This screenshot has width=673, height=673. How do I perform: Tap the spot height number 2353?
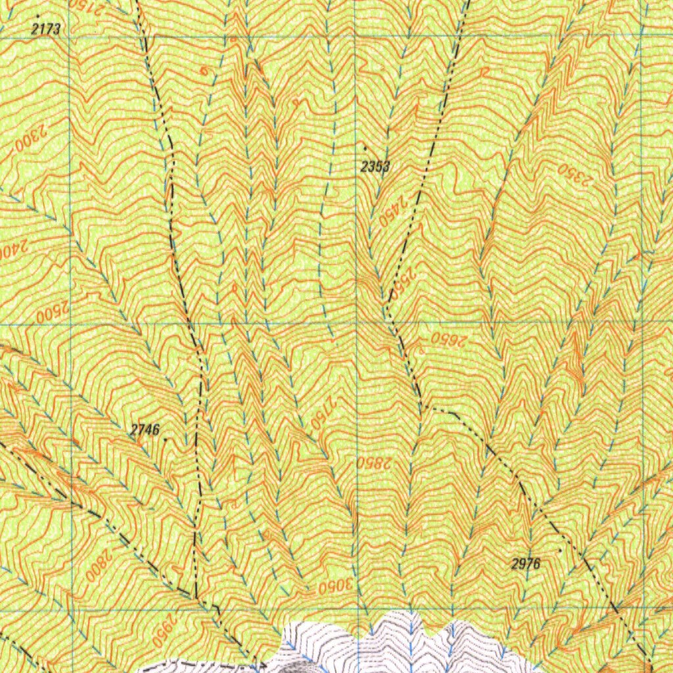pos(375,167)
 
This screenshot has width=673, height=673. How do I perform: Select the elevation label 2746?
pos(145,430)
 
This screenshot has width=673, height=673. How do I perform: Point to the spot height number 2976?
pos(525,563)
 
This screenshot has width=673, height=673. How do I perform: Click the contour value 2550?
pos(403,282)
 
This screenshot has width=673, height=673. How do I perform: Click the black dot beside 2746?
pos(166,439)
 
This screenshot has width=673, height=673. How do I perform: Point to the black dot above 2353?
pos(365,147)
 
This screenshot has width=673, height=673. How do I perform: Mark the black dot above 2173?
pos(38,14)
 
